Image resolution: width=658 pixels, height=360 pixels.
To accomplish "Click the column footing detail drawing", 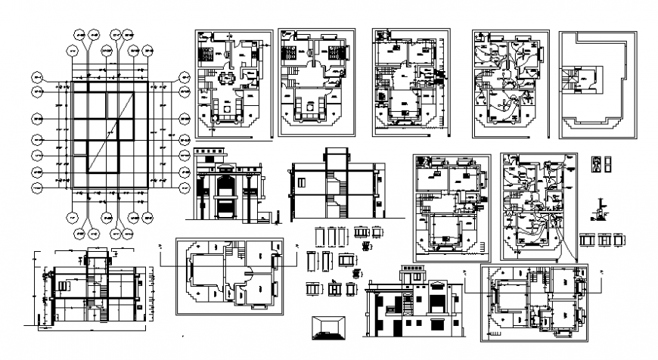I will tap(601, 209).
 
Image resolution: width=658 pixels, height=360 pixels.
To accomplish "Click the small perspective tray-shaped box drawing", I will tap(330, 326).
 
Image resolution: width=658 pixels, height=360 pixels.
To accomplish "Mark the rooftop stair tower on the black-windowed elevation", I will tap(414, 275).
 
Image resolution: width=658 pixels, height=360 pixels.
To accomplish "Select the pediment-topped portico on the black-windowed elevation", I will tap(437, 299).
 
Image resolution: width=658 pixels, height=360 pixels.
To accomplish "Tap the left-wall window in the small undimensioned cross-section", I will tap(301, 182).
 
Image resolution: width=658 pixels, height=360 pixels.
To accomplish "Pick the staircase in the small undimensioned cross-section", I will tap(334, 189).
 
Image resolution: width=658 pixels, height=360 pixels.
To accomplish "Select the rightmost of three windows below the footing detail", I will tap(619, 240).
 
